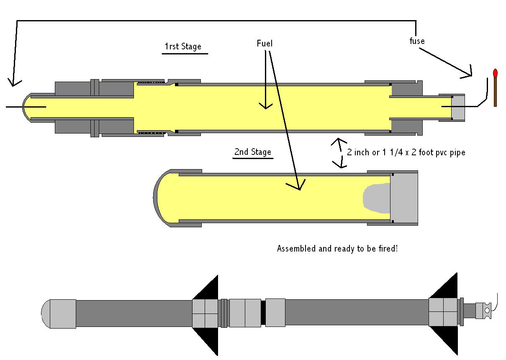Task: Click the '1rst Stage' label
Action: click(x=182, y=46)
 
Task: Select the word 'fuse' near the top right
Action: click(x=417, y=41)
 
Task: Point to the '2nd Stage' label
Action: click(x=252, y=152)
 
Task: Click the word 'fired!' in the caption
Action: click(x=388, y=249)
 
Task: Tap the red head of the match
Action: click(x=496, y=73)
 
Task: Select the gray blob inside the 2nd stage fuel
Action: click(x=376, y=198)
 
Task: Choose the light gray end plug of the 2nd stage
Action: click(x=404, y=198)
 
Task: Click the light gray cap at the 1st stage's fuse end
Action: click(x=458, y=108)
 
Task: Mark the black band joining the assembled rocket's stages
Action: click(x=263, y=313)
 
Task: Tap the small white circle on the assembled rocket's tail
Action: click(x=487, y=311)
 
